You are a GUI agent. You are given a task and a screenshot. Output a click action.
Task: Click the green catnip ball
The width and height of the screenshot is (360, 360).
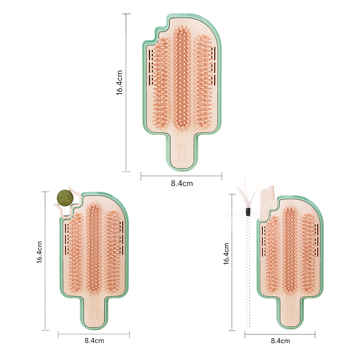[x=65, y=198]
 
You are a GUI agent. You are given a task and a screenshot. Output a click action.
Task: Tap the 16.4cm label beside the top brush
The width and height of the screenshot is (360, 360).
[x=119, y=83]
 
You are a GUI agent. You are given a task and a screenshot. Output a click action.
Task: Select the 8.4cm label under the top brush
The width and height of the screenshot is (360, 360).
[x=182, y=184]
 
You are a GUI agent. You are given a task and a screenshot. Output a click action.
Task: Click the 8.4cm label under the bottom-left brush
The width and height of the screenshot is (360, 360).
[x=94, y=341]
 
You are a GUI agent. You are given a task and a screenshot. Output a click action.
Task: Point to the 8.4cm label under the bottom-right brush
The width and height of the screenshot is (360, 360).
[x=280, y=341]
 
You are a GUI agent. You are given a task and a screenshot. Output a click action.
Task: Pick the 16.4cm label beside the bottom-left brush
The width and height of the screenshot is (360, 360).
[x=40, y=252]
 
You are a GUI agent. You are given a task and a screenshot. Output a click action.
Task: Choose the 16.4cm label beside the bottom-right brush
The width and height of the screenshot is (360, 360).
[x=226, y=254]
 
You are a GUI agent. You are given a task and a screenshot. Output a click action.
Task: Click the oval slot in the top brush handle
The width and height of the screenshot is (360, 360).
[x=182, y=152]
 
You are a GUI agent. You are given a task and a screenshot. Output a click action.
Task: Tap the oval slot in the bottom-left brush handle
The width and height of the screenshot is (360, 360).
[x=94, y=313]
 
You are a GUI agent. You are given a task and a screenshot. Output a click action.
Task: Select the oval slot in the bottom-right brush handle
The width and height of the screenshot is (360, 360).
[x=290, y=313]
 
